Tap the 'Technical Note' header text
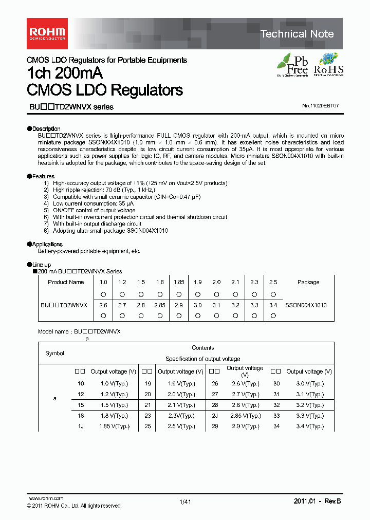click(297, 34)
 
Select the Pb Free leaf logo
click(293, 65)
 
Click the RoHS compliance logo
click(328, 65)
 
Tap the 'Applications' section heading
click(47, 244)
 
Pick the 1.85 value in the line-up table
click(179, 282)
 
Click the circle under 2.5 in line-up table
click(273, 294)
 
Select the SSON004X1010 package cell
click(306, 305)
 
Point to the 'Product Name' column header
click(66, 282)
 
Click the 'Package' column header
click(308, 282)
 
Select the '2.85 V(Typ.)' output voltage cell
click(244, 416)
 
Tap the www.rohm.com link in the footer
click(46, 498)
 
